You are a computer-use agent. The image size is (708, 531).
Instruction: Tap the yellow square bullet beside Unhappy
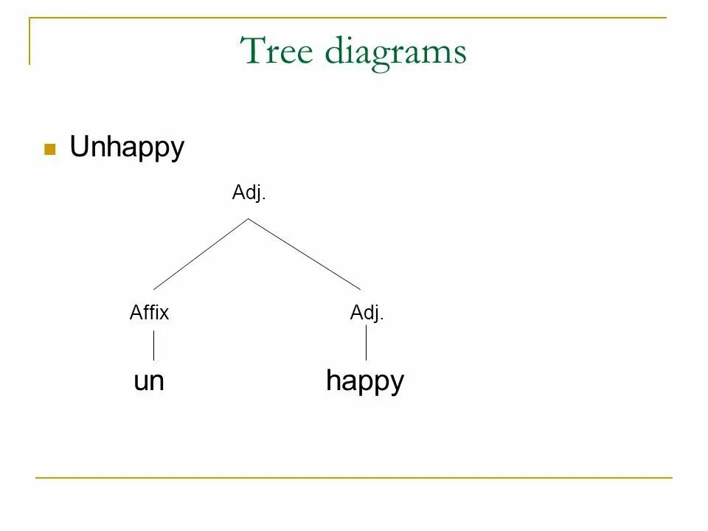[x=50, y=149]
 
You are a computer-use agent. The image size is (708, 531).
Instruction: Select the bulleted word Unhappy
[x=127, y=148]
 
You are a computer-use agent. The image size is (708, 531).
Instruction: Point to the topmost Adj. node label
[x=249, y=193]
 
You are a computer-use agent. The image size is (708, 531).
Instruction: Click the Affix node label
[x=149, y=313]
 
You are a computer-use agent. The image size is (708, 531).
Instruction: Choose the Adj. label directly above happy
[x=367, y=313]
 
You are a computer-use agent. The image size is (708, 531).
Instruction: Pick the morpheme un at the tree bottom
[x=149, y=381]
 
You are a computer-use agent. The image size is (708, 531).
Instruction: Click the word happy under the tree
[x=365, y=382]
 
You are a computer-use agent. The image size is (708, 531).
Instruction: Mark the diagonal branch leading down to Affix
[x=201, y=254]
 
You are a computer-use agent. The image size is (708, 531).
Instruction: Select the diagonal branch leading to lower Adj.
[x=305, y=254]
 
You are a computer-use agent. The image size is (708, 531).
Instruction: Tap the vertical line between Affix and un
[x=153, y=345]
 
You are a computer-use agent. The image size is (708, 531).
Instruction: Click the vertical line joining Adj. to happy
[x=366, y=343]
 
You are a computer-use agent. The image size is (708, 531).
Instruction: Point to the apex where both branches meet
[x=249, y=218]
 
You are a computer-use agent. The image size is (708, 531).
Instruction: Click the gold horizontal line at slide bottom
[x=354, y=478]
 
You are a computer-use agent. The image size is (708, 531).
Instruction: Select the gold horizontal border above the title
[x=347, y=18]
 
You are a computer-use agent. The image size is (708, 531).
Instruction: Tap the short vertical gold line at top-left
[x=30, y=41]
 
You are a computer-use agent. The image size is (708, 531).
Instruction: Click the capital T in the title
[x=253, y=51]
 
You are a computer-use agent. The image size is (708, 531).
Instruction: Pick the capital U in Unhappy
[x=79, y=147]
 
